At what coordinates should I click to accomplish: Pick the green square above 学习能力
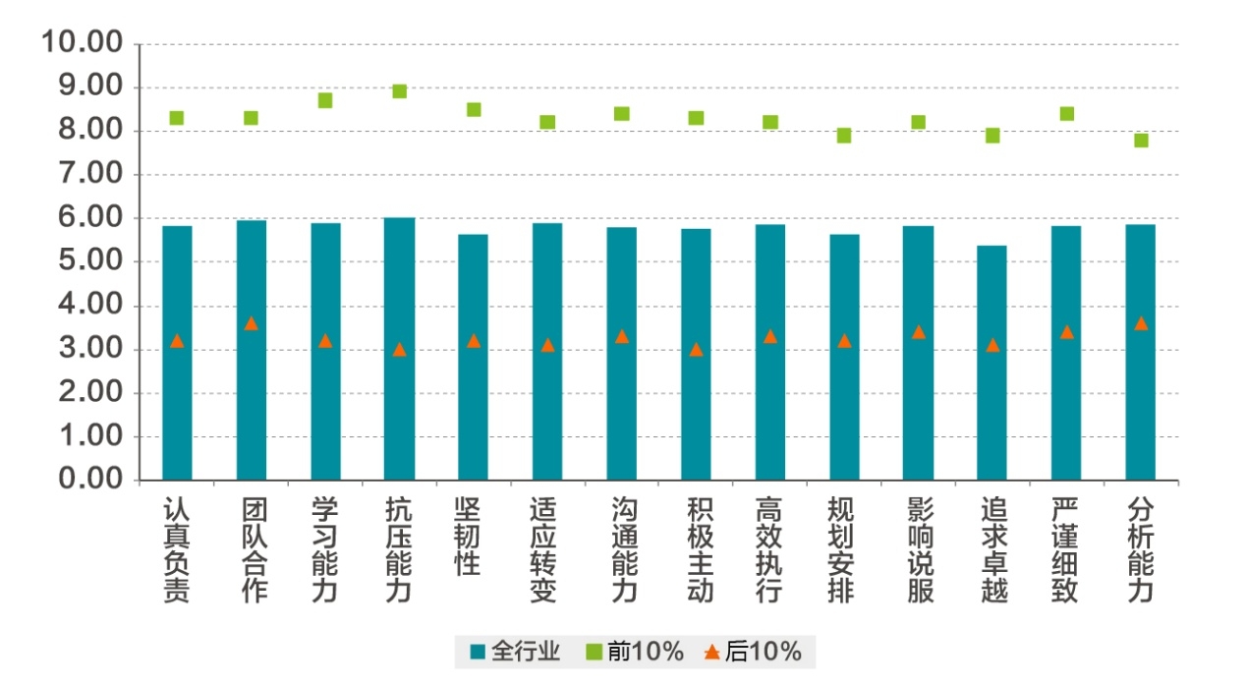(x=325, y=100)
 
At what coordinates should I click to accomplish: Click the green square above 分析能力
(x=1141, y=140)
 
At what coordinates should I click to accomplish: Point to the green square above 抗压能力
(x=399, y=91)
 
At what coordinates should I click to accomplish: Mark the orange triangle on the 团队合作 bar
(x=251, y=323)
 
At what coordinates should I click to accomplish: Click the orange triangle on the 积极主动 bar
(x=696, y=349)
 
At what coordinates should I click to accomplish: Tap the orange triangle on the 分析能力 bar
(x=1141, y=323)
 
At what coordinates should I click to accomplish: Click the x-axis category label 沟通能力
(x=623, y=549)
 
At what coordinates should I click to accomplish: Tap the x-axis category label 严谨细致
(x=1066, y=549)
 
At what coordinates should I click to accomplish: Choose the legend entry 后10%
(x=753, y=651)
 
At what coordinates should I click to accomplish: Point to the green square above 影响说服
(x=918, y=122)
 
